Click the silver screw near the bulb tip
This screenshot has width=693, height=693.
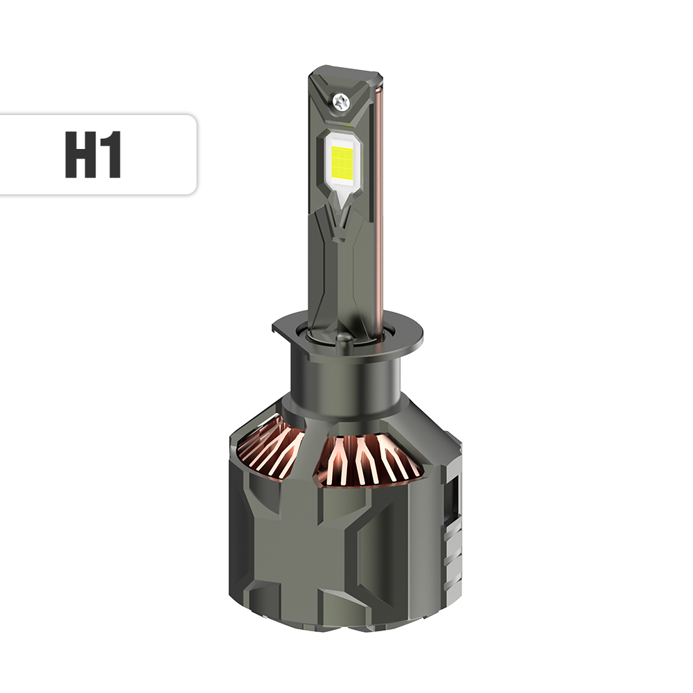[341, 102]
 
